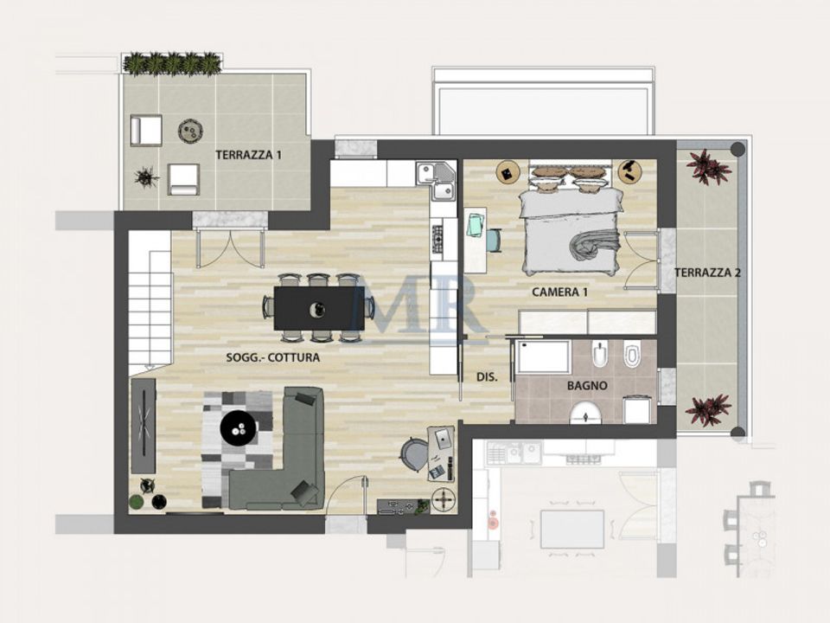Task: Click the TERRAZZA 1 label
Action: click(248, 155)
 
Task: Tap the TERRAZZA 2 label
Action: click(707, 273)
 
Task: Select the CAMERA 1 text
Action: click(559, 292)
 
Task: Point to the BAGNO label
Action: click(587, 386)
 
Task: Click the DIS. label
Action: click(487, 377)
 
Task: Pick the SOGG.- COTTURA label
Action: click(272, 357)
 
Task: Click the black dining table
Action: click(319, 308)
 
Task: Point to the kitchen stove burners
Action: click(437, 239)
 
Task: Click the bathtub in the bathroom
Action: click(543, 356)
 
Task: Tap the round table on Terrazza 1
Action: click(190, 131)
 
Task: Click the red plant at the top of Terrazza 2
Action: click(707, 166)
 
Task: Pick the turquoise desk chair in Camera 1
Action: click(494, 240)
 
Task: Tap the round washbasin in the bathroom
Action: click(586, 414)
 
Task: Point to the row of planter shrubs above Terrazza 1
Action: click(172, 63)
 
